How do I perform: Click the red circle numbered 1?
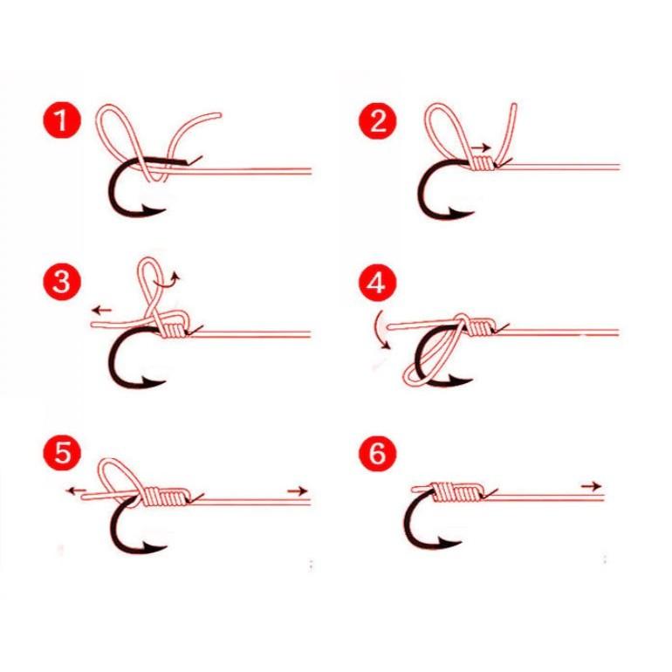60,121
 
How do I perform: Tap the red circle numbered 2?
377,121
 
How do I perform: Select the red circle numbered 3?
60,285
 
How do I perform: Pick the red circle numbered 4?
377,285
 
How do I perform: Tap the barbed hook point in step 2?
466,209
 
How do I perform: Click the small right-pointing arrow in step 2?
481,147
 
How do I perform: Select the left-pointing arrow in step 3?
101,310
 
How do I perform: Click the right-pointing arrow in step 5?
298,491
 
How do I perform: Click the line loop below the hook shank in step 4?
423,371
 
